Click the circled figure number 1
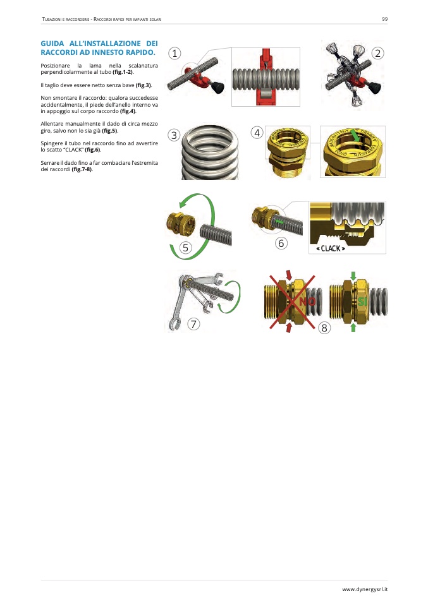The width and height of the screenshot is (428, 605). pos(174,53)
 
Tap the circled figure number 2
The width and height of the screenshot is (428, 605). pos(378,53)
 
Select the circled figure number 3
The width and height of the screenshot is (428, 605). pos(174,135)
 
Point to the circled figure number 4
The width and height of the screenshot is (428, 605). pos(257,133)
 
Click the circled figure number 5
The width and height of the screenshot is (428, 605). pos(186,248)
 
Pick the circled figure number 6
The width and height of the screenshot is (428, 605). pos(281,243)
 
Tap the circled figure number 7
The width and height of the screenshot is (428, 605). pos(193,324)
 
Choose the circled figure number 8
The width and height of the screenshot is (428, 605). pos(324,328)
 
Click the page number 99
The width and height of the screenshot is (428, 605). pos(385,19)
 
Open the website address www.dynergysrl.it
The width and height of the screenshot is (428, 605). pos(365,589)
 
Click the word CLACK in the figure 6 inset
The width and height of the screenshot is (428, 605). pos(331,248)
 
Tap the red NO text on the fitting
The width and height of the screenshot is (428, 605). pos(307,301)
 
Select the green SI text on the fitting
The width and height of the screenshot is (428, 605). pos(362,301)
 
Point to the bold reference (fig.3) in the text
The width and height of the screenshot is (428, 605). pos(144,85)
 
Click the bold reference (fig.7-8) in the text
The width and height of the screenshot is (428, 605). pos(82,169)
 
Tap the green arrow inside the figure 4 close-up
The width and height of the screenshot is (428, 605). pos(355,136)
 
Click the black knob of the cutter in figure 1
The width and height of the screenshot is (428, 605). pos(219,88)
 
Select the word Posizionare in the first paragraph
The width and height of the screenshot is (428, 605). pos(55,66)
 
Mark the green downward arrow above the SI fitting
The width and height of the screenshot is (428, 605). pos(353,276)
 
